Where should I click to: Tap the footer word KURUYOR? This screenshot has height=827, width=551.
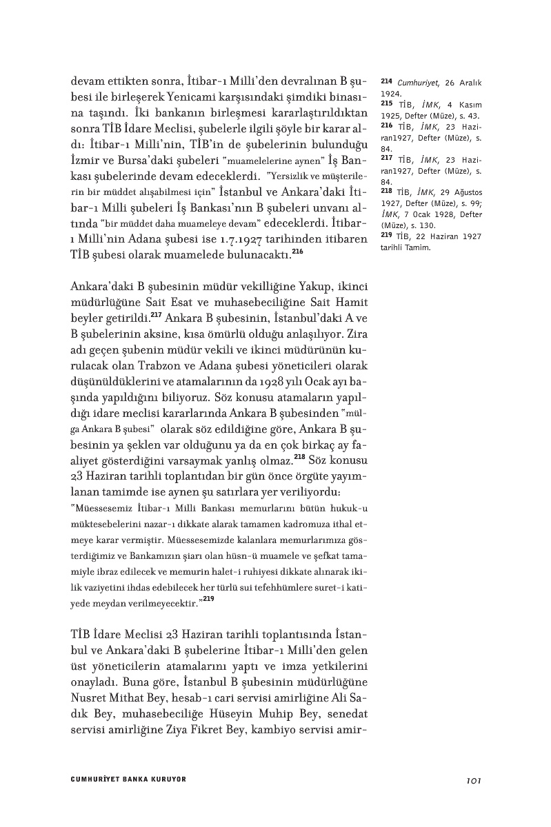[x=168, y=780]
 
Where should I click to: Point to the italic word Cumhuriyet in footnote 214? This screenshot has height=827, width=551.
[x=414, y=83]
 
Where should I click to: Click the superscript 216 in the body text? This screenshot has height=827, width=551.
[x=297, y=252]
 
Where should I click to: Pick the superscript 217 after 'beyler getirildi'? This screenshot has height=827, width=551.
[x=157, y=316]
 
